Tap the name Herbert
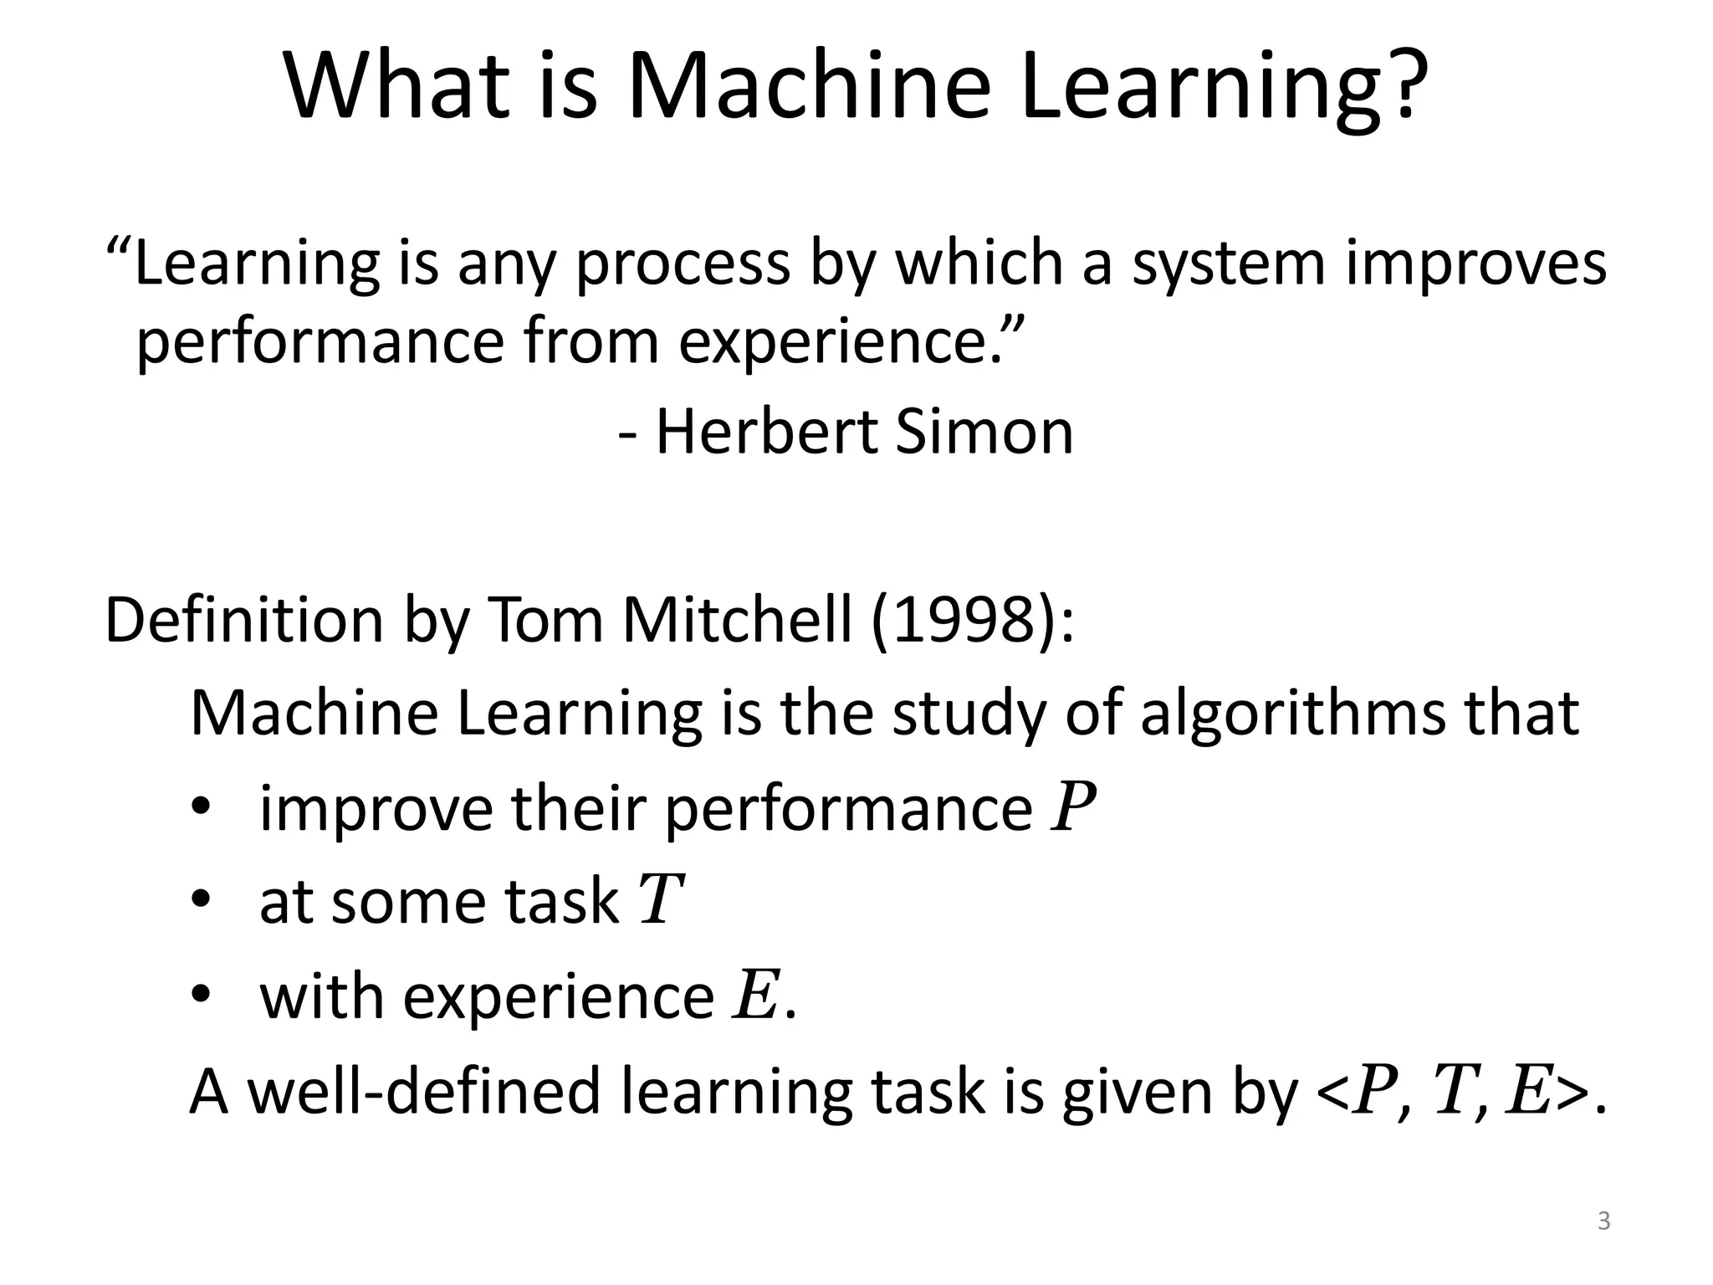765,433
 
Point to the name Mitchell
736,621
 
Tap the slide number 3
1603,1221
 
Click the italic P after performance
1074,808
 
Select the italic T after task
661,902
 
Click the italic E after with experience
755,996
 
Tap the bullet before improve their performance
202,808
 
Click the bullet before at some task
202,902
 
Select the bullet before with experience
202,996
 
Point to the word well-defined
426,1092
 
